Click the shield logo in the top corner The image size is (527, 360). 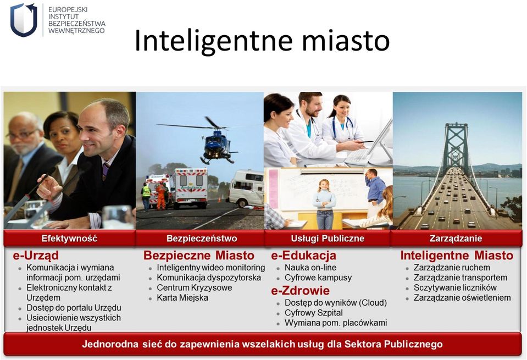pos(24,20)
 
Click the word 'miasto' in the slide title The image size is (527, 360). pos(346,41)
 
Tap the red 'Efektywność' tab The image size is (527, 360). pos(69,239)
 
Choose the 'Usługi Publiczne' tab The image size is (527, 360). pos(328,239)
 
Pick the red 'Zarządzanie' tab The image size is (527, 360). pos(456,239)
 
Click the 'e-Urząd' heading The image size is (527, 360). pos(36,256)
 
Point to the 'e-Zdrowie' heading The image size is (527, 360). pos(300,290)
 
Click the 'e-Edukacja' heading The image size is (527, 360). pos(303,256)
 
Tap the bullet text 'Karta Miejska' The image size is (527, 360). pos(182,298)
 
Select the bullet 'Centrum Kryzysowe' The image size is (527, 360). pos(195,288)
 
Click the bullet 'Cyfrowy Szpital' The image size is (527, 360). pos(314,313)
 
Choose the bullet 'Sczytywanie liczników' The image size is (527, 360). pos(455,288)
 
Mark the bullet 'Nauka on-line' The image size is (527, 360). pos(310,268)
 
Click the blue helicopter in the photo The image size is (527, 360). pos(215,143)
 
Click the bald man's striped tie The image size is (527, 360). pos(106,171)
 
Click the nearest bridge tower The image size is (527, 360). pos(456,148)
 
